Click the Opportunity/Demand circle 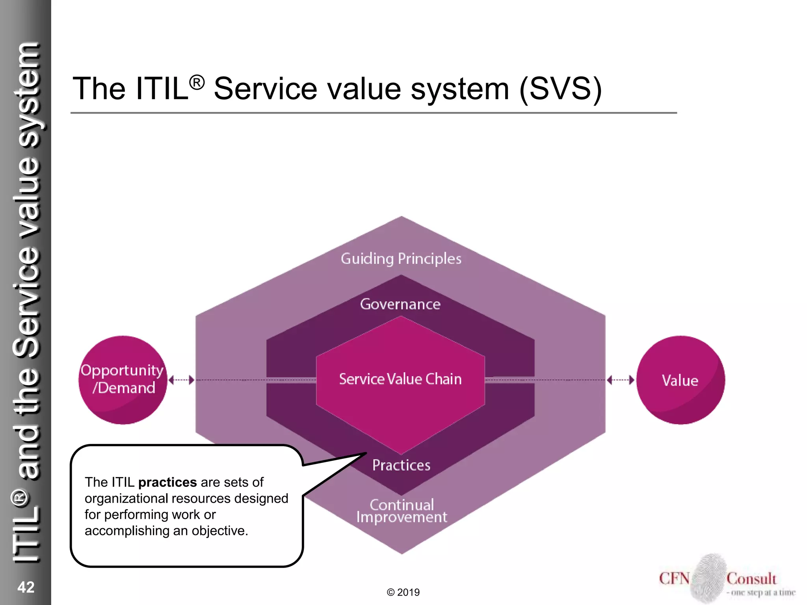click(x=123, y=380)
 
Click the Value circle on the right click(x=681, y=380)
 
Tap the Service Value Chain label click(x=400, y=379)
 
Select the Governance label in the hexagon click(x=400, y=304)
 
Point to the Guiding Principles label click(x=401, y=259)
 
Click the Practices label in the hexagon click(x=402, y=465)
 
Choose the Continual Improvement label click(x=402, y=511)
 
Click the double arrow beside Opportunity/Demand click(x=181, y=380)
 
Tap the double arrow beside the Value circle click(x=621, y=380)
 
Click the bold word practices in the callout click(x=167, y=482)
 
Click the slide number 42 click(x=26, y=587)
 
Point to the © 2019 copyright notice click(x=403, y=592)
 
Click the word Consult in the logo click(x=751, y=579)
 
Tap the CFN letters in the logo click(x=674, y=578)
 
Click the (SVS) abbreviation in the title click(x=561, y=89)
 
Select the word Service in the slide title click(x=265, y=89)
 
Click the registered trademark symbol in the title click(x=197, y=83)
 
